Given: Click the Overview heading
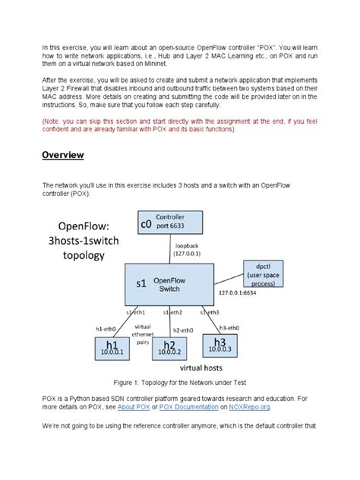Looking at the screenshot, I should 62,155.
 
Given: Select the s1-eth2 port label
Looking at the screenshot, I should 172,312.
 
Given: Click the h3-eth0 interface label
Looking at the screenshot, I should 228,327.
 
